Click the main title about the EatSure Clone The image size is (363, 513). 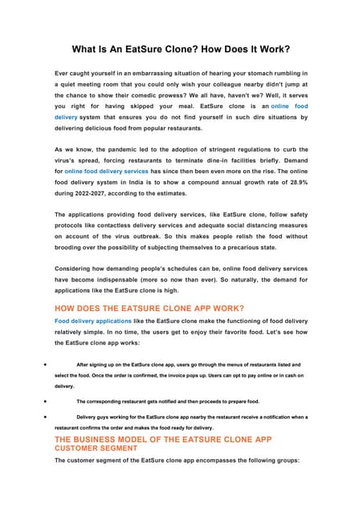click(181, 49)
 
